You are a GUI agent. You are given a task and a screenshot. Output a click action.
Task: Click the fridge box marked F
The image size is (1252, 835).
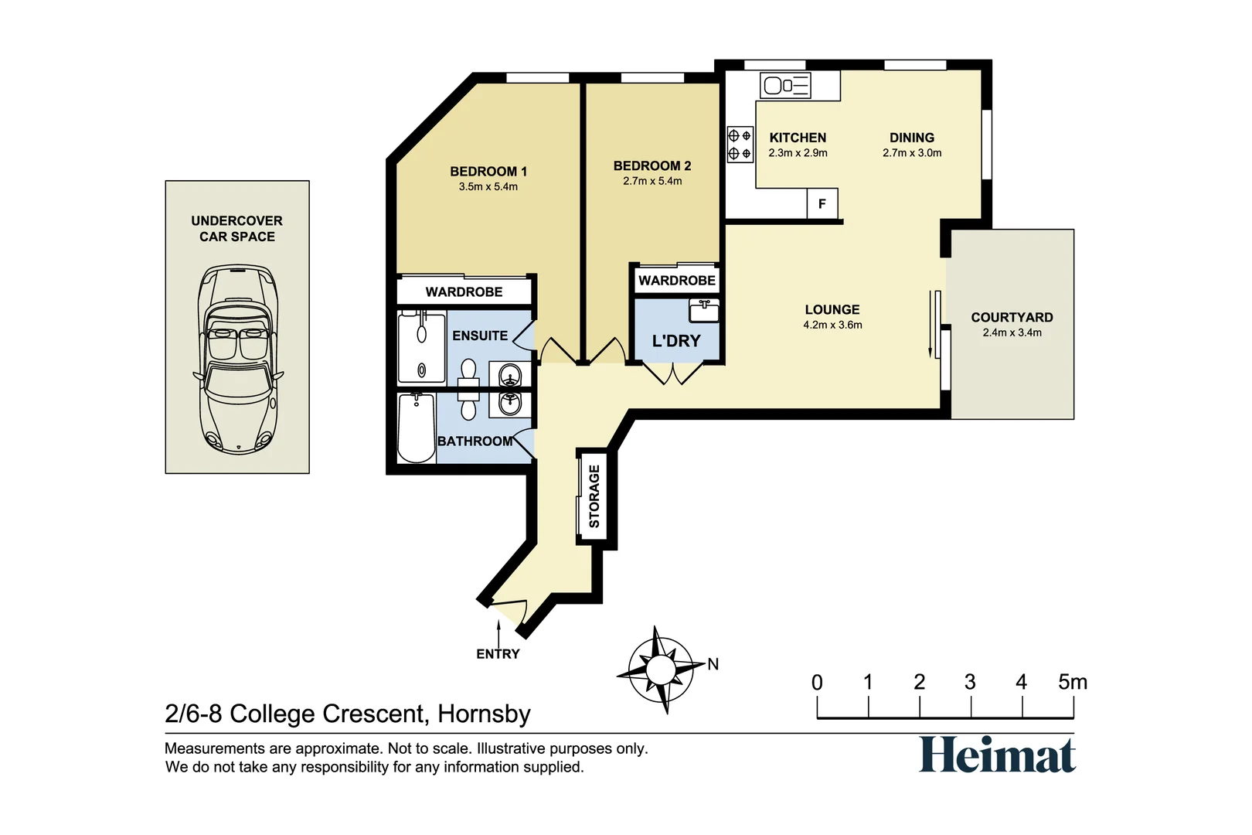(822, 203)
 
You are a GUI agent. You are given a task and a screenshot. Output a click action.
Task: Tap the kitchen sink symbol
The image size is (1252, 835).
(785, 86)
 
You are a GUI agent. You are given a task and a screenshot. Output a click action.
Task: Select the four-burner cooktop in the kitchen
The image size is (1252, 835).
(740, 144)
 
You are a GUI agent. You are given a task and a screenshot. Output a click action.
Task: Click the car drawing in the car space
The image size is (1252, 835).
(238, 359)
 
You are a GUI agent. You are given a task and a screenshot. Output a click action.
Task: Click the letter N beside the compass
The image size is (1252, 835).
(713, 664)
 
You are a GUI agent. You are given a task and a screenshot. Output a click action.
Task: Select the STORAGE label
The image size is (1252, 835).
(594, 496)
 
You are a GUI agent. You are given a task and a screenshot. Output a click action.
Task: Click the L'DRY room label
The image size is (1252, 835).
(676, 340)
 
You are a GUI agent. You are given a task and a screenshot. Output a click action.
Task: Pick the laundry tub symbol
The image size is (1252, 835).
(704, 310)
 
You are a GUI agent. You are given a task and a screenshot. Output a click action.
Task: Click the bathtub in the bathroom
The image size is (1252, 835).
(416, 428)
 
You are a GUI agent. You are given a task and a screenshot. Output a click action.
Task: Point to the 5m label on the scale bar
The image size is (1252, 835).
(1073, 682)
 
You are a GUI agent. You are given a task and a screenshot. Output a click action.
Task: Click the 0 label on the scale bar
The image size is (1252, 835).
(817, 683)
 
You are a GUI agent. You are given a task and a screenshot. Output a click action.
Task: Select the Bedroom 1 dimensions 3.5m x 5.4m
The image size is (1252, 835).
(488, 187)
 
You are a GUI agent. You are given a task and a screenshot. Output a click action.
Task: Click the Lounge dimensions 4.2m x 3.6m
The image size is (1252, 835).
(832, 325)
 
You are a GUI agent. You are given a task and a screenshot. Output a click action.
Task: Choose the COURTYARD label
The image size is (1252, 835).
(1012, 317)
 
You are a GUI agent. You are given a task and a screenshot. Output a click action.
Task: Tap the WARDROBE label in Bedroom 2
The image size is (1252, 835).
(677, 280)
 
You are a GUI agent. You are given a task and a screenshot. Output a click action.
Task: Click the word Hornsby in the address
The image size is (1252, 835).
(484, 714)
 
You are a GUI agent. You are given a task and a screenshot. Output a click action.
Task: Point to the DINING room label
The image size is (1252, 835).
(912, 138)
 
